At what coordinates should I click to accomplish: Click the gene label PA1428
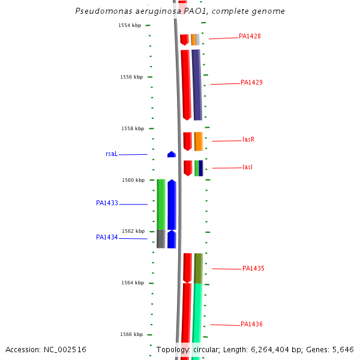coord(250,36)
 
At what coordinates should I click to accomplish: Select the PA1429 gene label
coord(251,82)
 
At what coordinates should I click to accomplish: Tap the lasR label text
coord(248,139)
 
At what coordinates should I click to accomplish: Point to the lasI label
coord(247,167)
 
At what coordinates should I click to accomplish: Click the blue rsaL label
coord(112,154)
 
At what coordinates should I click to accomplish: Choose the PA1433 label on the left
coord(107,203)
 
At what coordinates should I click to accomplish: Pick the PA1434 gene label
coord(107,237)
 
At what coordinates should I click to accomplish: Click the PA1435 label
coord(253,268)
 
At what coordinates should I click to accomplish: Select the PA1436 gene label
coord(251,324)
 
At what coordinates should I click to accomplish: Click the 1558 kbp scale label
coord(133,128)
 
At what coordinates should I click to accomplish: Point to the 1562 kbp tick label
coord(133,231)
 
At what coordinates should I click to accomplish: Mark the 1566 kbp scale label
coord(133,334)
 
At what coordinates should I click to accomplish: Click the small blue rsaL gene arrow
coord(172,154)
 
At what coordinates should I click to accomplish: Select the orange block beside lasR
coord(198,141)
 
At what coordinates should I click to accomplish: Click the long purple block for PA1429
coord(196,84)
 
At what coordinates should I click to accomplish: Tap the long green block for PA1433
coord(161,204)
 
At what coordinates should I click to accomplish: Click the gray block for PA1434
coord(161,239)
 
